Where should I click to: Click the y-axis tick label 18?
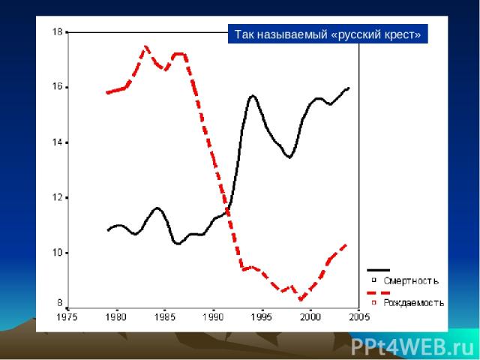tap(56, 32)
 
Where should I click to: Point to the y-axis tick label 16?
tap(56, 87)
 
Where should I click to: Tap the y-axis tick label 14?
tap(56, 142)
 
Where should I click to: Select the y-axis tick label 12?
tap(56, 198)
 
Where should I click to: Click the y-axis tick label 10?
tap(56, 253)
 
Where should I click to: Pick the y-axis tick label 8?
tap(58, 302)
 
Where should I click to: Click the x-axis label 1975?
tap(67, 317)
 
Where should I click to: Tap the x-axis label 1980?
tap(116, 317)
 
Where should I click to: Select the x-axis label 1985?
tap(165, 317)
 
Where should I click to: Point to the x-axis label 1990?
tap(214, 317)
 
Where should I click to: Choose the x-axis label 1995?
tap(262, 317)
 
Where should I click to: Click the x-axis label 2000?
tap(311, 317)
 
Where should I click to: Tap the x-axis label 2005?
tap(360, 317)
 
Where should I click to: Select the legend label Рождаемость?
tap(414, 303)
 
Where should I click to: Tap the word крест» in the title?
tap(403, 34)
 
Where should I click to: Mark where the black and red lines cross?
tap(227, 209)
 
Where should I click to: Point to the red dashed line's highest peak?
tap(145, 46)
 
